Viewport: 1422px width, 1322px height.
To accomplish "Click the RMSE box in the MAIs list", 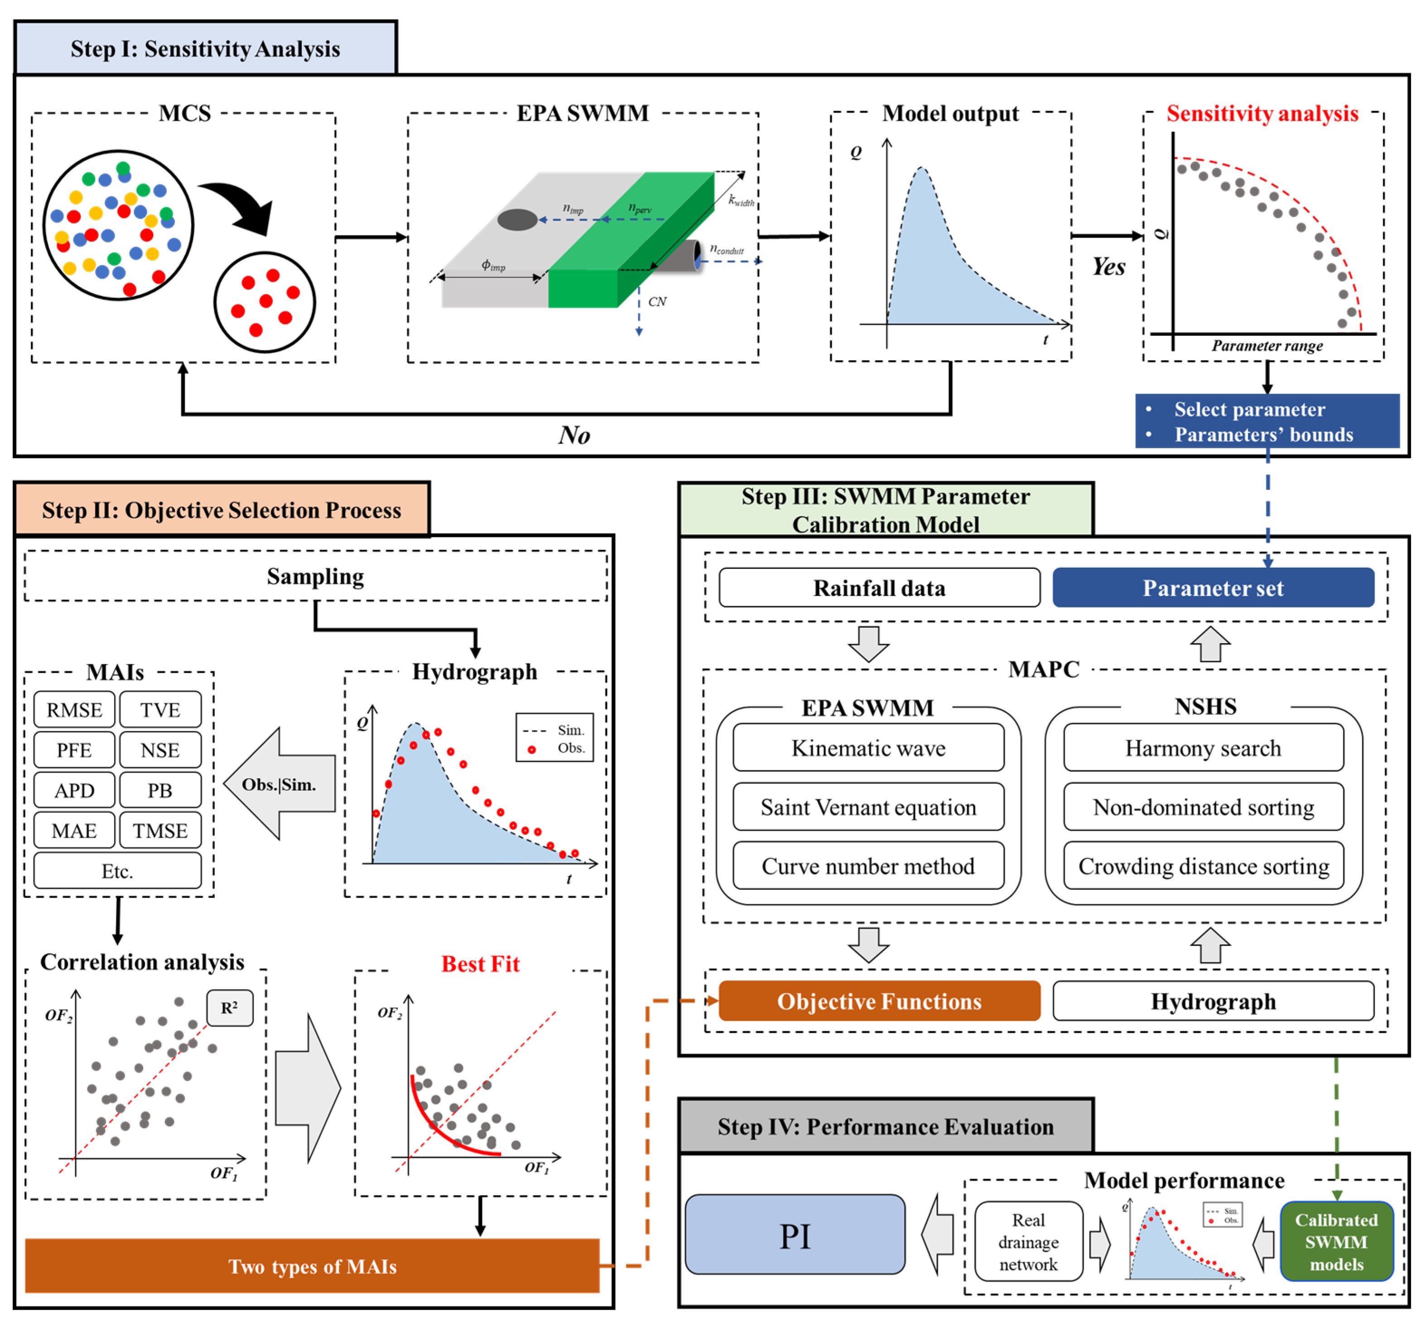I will pyautogui.click(x=74, y=710).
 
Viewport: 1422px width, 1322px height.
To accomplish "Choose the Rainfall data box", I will pyautogui.click(x=879, y=588).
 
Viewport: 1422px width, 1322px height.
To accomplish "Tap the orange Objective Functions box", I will pyautogui.click(x=879, y=1001).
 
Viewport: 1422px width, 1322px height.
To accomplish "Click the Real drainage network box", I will pyautogui.click(x=1027, y=1241).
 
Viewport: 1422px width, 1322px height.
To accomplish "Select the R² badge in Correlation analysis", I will pyautogui.click(x=229, y=1008).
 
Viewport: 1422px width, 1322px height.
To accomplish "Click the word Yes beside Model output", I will pyautogui.click(x=1108, y=267).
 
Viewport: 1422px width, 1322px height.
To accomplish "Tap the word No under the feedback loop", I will pyautogui.click(x=574, y=435).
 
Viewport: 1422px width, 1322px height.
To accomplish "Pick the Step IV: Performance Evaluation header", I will pyautogui.click(x=885, y=1126).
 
